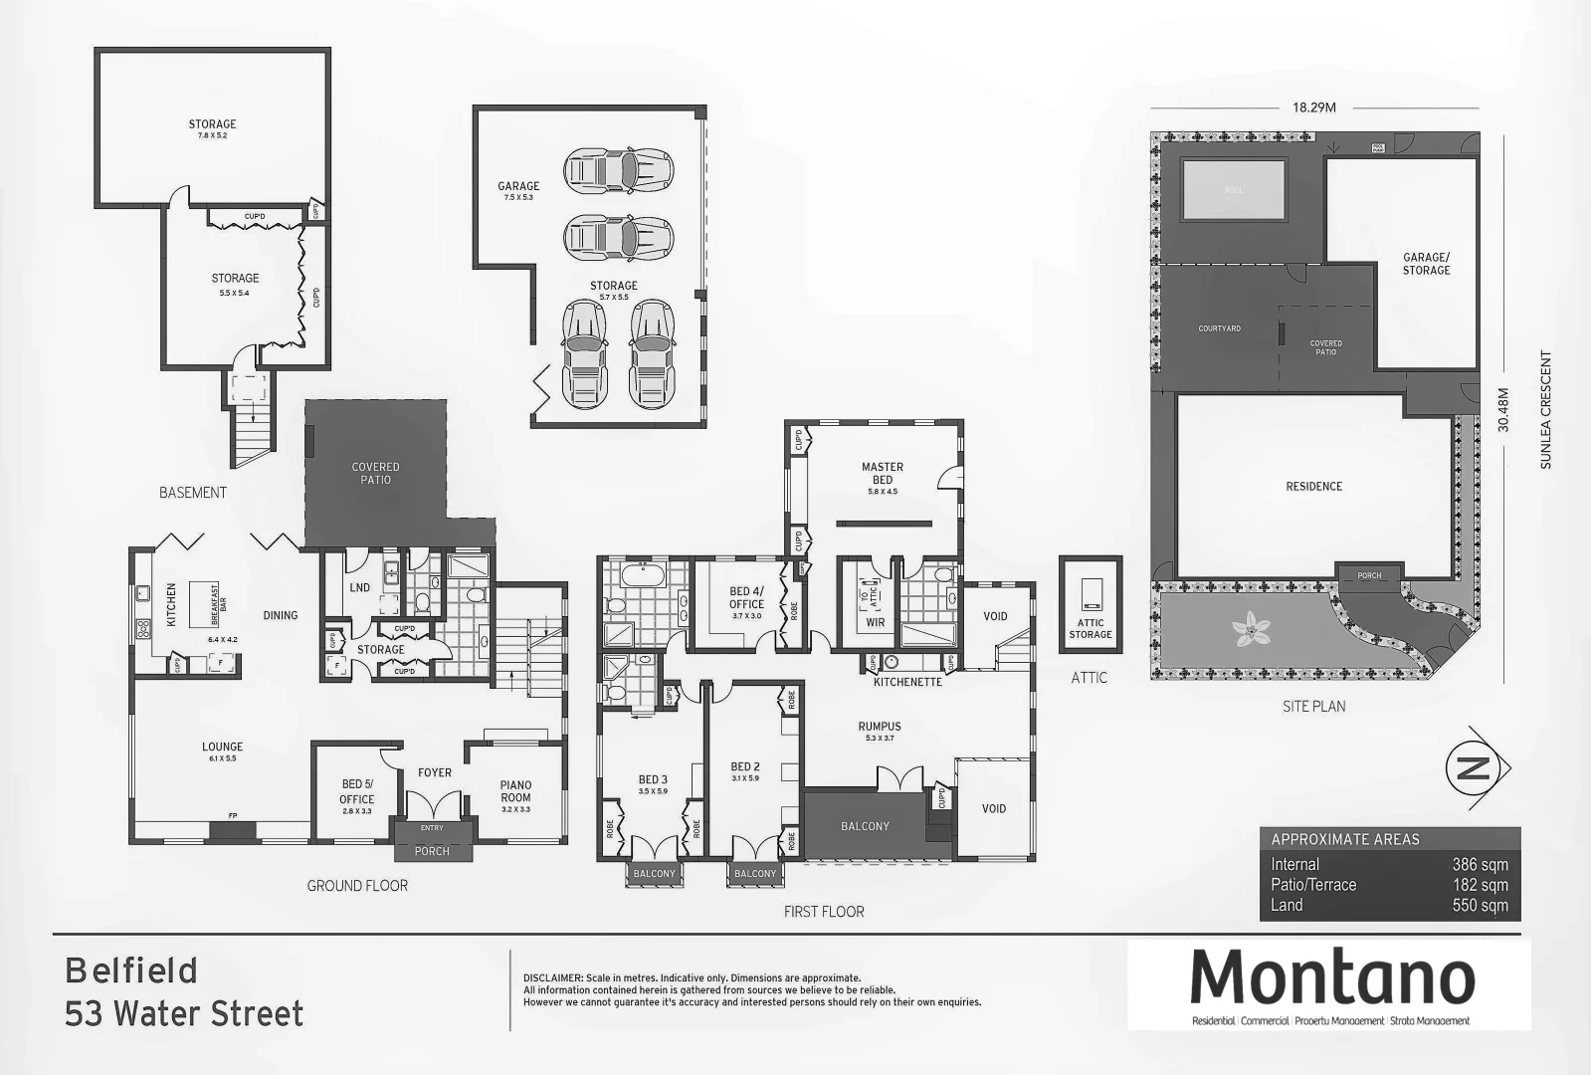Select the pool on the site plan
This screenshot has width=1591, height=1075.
coord(1233,189)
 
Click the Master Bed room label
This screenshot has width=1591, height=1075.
coord(883,473)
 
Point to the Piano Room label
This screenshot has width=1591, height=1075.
coord(515,791)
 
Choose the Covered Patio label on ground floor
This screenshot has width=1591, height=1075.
coord(375,473)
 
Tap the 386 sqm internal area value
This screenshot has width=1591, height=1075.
coord(1480,865)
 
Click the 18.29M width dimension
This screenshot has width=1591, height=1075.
coord(1313,107)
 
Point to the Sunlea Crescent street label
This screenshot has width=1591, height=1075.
coord(1545,409)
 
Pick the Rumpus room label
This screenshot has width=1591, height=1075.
coord(880,727)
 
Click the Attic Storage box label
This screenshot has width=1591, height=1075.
coord(1091,629)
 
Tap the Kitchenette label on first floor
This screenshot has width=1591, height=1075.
coord(907,682)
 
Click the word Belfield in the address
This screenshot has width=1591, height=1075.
coord(131,970)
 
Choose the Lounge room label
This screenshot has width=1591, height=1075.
coord(222,747)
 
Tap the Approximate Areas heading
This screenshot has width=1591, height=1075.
coord(1345,839)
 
